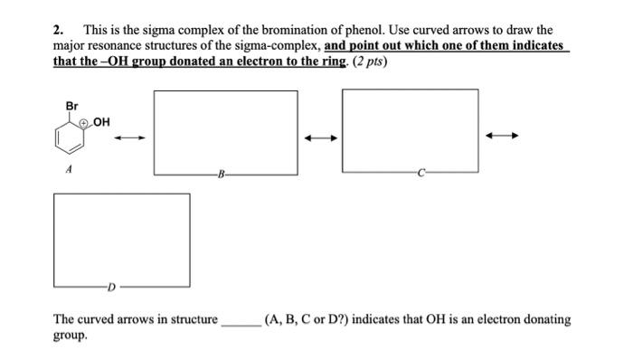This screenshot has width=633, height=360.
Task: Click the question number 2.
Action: [58, 30]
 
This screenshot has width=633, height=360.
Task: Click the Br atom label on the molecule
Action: [72, 107]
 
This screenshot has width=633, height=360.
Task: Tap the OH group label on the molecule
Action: [100, 123]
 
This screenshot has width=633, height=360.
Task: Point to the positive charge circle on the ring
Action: [84, 123]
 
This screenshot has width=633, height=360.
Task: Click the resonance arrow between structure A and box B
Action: [129, 137]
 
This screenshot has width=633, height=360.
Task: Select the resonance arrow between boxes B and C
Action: [320, 137]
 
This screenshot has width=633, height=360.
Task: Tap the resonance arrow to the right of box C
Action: [502, 137]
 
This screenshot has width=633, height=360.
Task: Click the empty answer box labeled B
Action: [225, 131]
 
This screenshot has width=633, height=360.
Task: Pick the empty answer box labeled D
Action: [121, 240]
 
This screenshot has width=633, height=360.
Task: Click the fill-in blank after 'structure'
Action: [241, 320]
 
